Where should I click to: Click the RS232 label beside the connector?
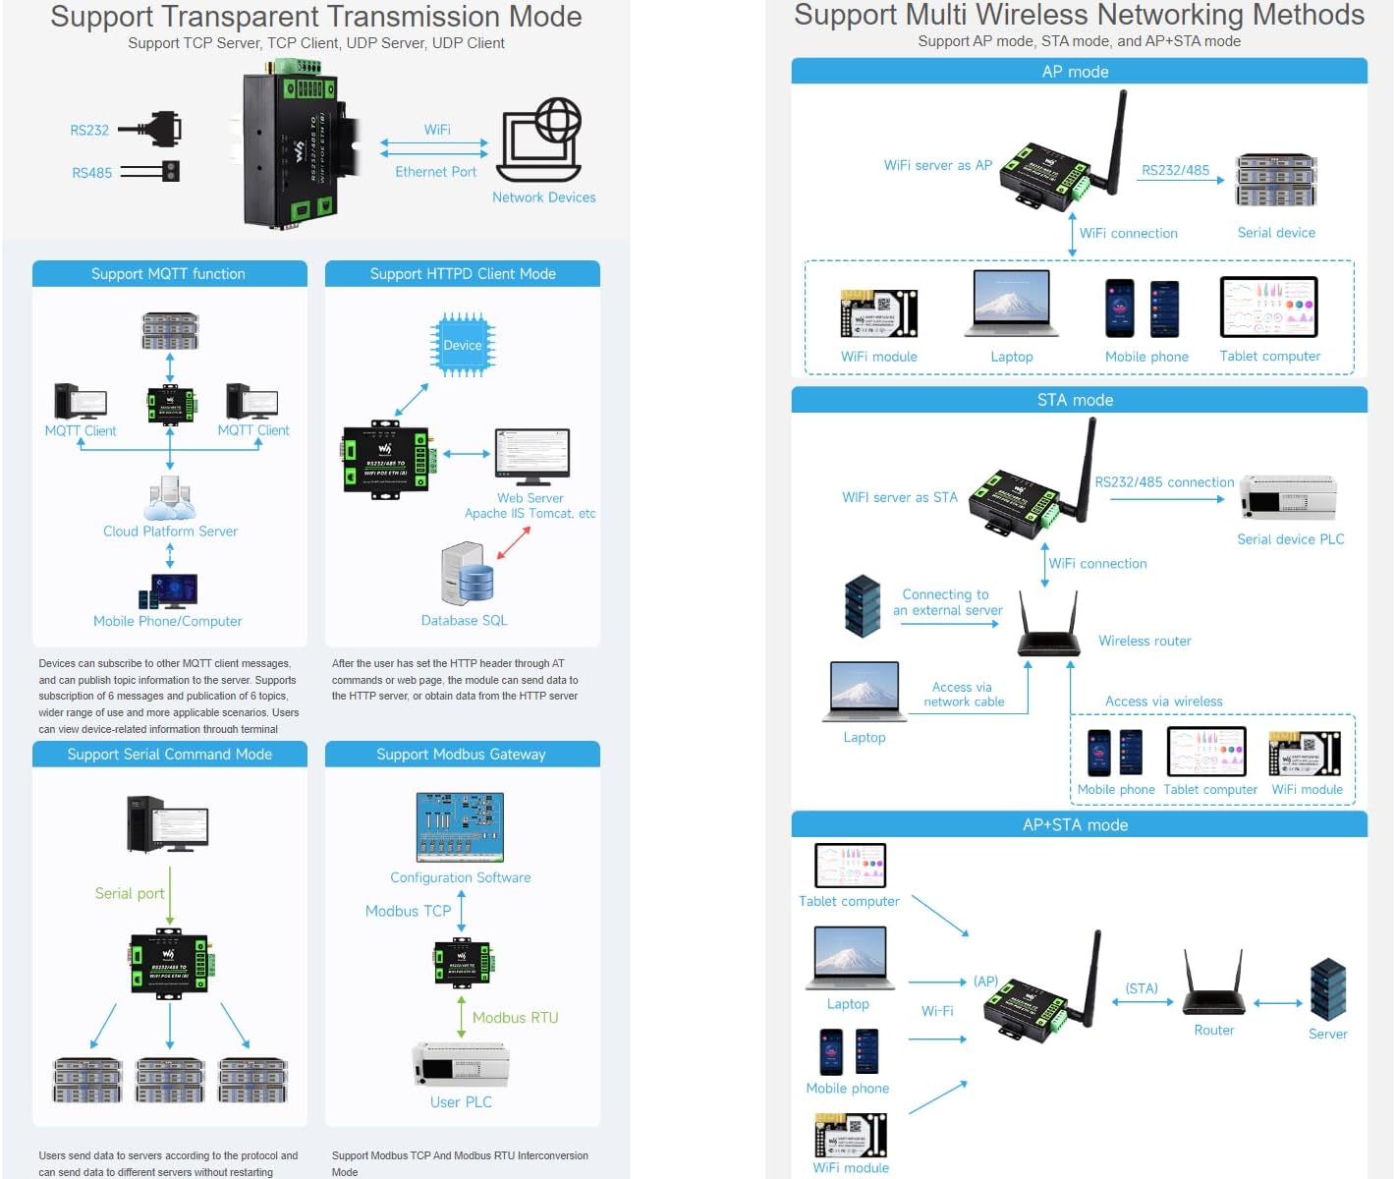[x=89, y=131]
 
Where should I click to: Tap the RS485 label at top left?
[x=91, y=173]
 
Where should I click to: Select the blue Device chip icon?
[x=463, y=345]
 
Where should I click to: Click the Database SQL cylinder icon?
[x=469, y=574]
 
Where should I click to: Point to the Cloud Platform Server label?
[x=170, y=532]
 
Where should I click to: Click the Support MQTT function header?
[x=169, y=274]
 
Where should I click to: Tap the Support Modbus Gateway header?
[x=462, y=755]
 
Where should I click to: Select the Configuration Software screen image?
[x=460, y=827]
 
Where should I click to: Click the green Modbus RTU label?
[x=515, y=1018]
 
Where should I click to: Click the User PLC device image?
[x=461, y=1065]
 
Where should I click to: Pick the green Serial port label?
[x=129, y=893]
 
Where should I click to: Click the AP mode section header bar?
[x=1078, y=72]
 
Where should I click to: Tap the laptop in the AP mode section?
[x=1011, y=304]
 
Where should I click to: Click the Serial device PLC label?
[x=1290, y=539]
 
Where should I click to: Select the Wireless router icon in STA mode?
[x=1048, y=626]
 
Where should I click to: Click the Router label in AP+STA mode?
[x=1213, y=1031]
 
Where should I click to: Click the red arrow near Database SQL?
[x=514, y=542]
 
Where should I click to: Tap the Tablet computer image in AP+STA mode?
[x=850, y=866]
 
